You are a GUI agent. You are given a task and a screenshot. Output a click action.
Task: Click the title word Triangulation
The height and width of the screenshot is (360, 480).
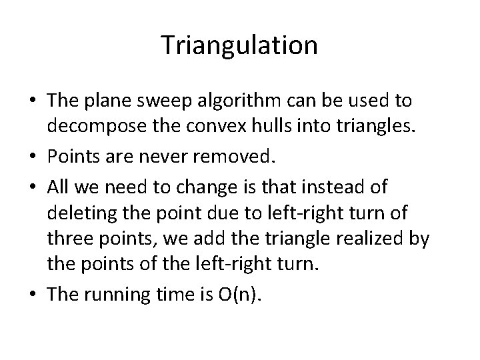point(239,45)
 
